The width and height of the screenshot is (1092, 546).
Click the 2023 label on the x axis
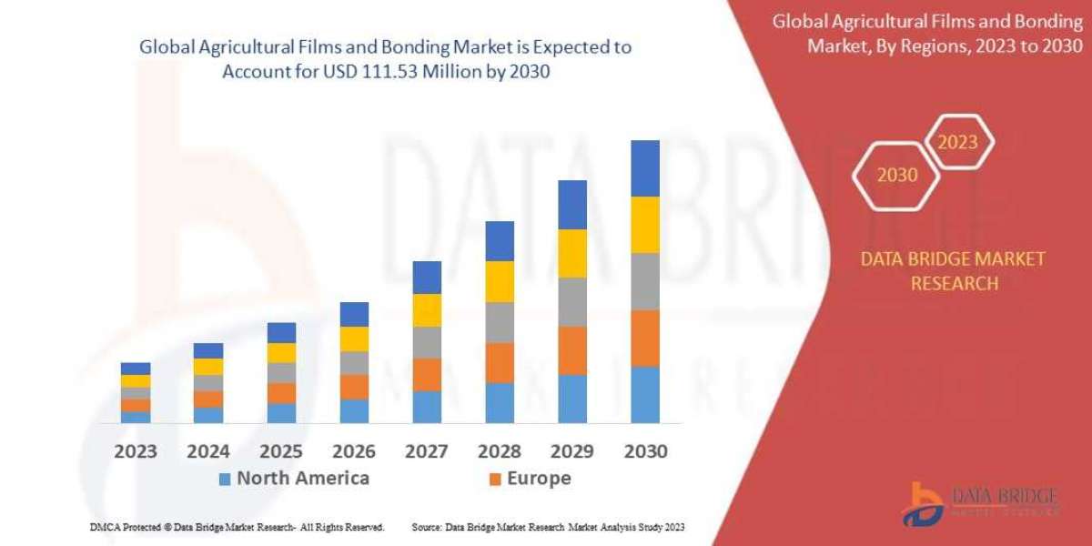point(135,450)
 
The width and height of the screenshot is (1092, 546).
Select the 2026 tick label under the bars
point(353,450)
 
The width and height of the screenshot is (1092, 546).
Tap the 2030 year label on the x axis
point(645,450)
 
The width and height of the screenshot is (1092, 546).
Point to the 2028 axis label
point(500,450)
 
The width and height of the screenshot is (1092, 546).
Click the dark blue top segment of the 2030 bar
point(645,168)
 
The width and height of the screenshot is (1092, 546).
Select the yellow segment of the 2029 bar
point(572,253)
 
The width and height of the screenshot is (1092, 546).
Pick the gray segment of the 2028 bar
point(500,322)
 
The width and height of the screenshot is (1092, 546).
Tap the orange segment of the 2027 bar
point(427,374)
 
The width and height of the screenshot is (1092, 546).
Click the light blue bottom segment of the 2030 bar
point(645,394)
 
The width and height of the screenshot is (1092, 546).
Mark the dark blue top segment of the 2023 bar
point(136,369)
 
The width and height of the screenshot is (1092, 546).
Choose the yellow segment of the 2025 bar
point(281,353)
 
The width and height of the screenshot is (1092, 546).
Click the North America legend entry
point(293,479)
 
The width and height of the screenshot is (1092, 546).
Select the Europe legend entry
point(530,479)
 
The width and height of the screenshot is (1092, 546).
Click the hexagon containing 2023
point(957,142)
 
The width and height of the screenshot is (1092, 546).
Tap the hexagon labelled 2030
point(896,175)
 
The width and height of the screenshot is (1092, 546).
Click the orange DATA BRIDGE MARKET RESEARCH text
point(953,271)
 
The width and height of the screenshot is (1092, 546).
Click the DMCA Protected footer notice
point(237,527)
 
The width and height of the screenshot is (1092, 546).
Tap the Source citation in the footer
point(548,527)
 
